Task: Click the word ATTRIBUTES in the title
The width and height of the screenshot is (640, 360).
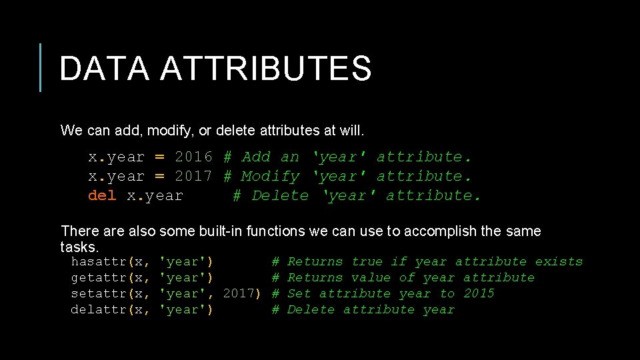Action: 265,69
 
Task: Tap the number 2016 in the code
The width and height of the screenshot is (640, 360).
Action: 193,157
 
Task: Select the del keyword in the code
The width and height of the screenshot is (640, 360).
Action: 102,196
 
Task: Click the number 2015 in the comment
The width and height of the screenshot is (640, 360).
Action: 479,294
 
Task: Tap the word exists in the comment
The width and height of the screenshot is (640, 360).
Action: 559,262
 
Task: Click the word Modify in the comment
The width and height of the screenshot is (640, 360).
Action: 270,177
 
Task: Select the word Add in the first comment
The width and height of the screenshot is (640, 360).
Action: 256,157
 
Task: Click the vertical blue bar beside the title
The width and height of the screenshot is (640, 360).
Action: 41,67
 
